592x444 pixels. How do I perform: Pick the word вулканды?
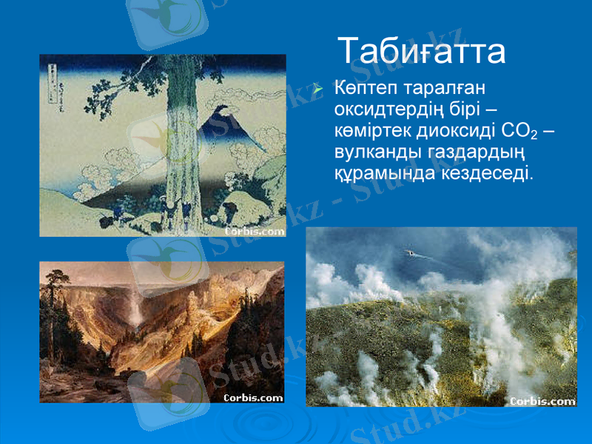point(374,152)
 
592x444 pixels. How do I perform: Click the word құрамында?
point(385,172)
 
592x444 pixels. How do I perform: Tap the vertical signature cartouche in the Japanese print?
point(53,81)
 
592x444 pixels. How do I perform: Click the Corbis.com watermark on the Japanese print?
point(254,230)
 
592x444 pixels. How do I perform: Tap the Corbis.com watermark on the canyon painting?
point(253,397)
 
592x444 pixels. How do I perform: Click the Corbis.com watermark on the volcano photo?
point(542,401)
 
